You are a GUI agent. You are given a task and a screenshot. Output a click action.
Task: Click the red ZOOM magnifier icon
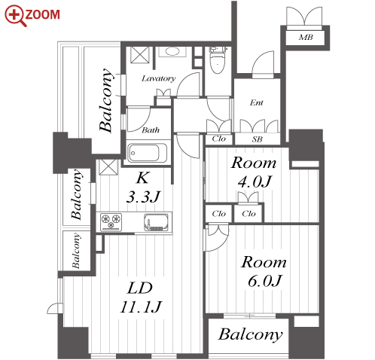click(16, 16)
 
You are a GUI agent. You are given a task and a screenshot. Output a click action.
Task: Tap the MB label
click(306, 38)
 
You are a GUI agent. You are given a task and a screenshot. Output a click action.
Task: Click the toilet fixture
click(218, 60)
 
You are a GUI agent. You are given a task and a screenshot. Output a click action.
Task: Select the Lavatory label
click(158, 78)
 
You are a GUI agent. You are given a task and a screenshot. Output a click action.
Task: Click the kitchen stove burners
click(111, 221)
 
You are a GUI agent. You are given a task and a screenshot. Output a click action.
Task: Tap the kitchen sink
click(156, 222)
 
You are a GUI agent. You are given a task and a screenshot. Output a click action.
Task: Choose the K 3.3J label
click(143, 188)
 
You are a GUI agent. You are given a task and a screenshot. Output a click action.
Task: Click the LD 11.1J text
click(141, 297)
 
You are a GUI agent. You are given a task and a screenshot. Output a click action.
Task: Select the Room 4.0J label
click(254, 172)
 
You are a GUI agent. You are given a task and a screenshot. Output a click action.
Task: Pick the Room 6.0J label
click(264, 271)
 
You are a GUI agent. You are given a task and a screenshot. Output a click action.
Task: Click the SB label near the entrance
click(257, 139)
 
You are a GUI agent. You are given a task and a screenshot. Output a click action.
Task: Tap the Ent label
click(256, 102)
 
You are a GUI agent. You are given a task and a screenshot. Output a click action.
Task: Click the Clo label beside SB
click(218, 139)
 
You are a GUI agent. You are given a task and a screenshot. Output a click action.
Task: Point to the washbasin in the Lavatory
click(172, 51)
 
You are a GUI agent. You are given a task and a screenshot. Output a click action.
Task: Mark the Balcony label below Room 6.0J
click(251, 334)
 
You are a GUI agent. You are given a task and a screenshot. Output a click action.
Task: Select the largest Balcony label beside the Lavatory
click(105, 100)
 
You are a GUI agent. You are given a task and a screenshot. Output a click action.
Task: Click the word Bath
click(151, 130)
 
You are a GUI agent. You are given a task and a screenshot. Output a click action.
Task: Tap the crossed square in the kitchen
click(108, 167)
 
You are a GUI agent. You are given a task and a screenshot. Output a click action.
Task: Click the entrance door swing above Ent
click(263, 65)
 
